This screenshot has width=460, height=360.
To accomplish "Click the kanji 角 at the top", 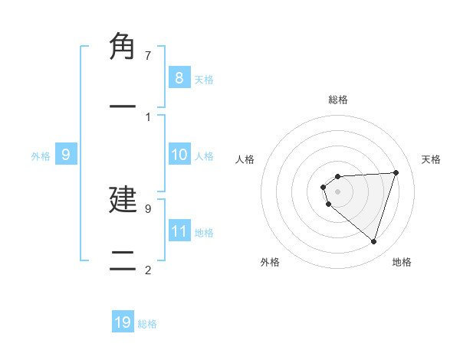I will pyautogui.click(x=123, y=47).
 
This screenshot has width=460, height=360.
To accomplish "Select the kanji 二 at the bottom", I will pyautogui.click(x=123, y=260).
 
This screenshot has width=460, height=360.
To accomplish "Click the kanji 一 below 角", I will pyautogui.click(x=123, y=106).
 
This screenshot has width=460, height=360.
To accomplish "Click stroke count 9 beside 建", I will pyautogui.click(x=147, y=208).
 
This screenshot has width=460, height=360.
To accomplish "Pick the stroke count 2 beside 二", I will pyautogui.click(x=147, y=270).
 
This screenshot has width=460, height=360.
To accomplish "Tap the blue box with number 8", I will pyautogui.click(x=179, y=77).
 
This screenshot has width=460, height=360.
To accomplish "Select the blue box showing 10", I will pyautogui.click(x=179, y=155).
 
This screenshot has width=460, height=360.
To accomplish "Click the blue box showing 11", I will pyautogui.click(x=179, y=231).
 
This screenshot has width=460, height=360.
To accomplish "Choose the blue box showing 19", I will pyautogui.click(x=123, y=322).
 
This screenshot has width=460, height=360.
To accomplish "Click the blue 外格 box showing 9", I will pyautogui.click(x=66, y=155).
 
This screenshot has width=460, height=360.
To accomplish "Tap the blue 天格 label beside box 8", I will pyautogui.click(x=204, y=79).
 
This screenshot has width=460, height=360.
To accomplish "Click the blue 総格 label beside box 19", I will pyautogui.click(x=147, y=324).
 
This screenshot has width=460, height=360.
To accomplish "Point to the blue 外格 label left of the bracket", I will pyautogui.click(x=41, y=156).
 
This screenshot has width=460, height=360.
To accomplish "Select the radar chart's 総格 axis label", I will pyautogui.click(x=337, y=100).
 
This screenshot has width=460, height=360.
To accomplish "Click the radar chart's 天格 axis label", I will pyautogui.click(x=431, y=159).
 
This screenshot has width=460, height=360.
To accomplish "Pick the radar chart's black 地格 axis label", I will pyautogui.click(x=402, y=262).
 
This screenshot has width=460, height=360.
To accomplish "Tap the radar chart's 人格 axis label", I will pyautogui.click(x=245, y=159).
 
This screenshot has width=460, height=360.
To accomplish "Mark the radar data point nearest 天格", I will pyautogui.click(x=396, y=172).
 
